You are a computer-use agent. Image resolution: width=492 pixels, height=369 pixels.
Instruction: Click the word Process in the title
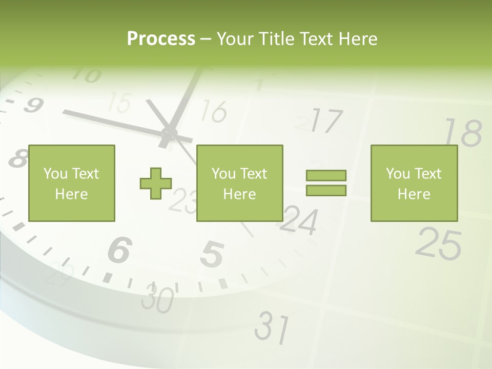161,39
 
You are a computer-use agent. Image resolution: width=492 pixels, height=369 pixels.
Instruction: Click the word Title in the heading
277,39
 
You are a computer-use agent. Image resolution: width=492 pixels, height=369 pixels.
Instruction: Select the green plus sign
156,183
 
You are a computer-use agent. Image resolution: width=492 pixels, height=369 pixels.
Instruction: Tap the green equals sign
326,183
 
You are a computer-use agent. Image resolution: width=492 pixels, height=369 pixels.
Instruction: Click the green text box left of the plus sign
72,183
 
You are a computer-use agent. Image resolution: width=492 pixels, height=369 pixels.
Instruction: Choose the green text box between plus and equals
239,183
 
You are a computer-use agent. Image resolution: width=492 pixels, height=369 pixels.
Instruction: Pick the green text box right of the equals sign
414,183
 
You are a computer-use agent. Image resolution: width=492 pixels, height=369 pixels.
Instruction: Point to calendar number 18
462,133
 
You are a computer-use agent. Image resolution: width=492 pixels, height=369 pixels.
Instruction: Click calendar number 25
438,243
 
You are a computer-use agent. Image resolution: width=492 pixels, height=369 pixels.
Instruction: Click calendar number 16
214,111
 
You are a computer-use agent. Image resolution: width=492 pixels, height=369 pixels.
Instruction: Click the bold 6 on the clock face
120,250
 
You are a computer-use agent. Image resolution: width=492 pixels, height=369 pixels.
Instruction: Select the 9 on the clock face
32,105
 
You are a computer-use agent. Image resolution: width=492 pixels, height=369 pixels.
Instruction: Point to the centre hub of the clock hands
168,134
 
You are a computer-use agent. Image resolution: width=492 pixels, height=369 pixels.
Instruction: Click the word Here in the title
357,39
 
